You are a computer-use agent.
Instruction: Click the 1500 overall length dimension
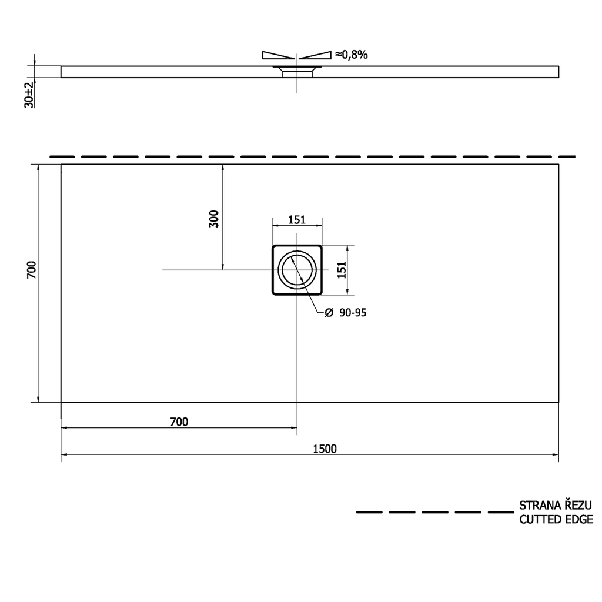click(325, 449)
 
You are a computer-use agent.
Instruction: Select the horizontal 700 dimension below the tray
click(179, 422)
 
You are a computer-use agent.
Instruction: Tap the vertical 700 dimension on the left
click(32, 270)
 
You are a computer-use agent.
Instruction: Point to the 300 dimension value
click(214, 219)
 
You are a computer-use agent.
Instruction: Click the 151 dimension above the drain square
click(297, 220)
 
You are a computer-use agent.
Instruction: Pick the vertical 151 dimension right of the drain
click(342, 270)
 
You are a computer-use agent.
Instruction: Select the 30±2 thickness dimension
click(29, 95)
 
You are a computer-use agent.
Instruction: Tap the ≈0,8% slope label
click(352, 55)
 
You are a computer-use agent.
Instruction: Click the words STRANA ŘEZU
click(556, 505)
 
